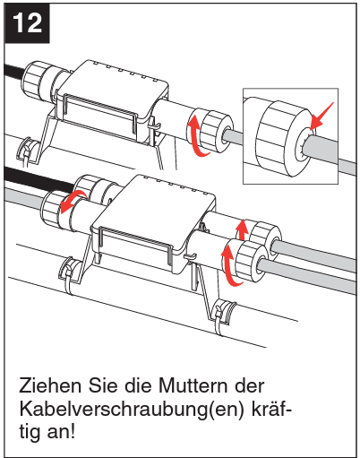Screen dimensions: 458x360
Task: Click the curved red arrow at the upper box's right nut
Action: click(x=192, y=137)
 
